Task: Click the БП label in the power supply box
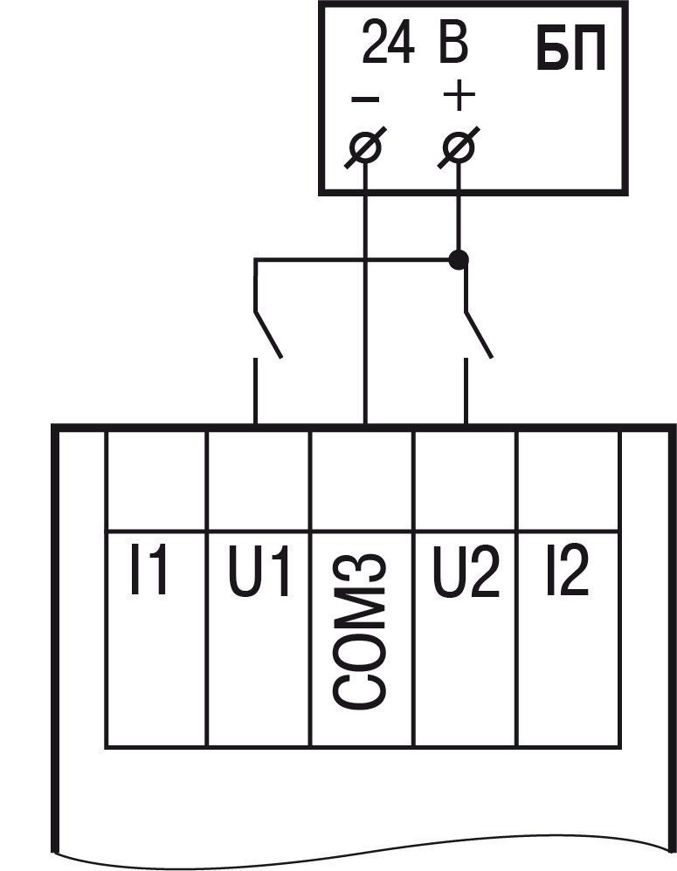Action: pyautogui.click(x=570, y=54)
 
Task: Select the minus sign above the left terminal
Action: pyautogui.click(x=365, y=99)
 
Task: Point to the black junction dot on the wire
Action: pyautogui.click(x=458, y=259)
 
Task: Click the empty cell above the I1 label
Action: pyautogui.click(x=156, y=479)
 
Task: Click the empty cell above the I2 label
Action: pyautogui.click(x=569, y=479)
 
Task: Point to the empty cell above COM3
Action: pyautogui.click(x=362, y=479)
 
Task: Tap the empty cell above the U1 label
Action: pyautogui.click(x=259, y=479)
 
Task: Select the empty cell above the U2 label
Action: pyautogui.click(x=465, y=479)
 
